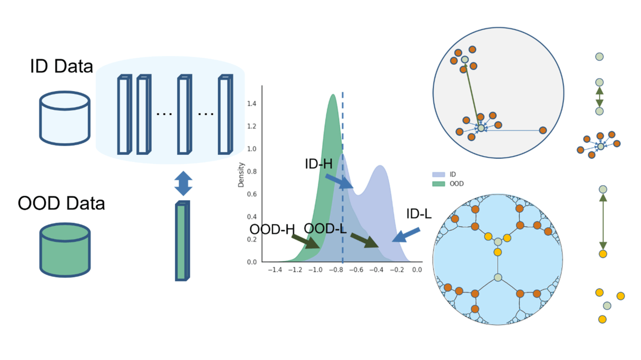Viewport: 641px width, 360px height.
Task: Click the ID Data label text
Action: coord(62,66)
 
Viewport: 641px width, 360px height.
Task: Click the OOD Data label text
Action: coord(61,203)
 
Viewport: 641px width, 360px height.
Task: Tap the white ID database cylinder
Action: coord(65,117)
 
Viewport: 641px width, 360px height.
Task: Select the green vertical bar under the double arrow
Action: coord(182,241)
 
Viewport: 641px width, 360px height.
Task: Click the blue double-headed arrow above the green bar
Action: coord(183,183)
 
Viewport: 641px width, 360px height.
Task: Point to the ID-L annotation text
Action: coord(418,214)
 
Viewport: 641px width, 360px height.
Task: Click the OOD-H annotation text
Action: coord(272,230)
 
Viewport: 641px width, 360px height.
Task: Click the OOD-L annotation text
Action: coord(325,229)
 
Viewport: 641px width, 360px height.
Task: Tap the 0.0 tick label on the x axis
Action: coord(416,270)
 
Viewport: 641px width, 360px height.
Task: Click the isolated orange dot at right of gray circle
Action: coord(543,130)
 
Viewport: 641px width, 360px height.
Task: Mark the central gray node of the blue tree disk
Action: coord(498,277)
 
